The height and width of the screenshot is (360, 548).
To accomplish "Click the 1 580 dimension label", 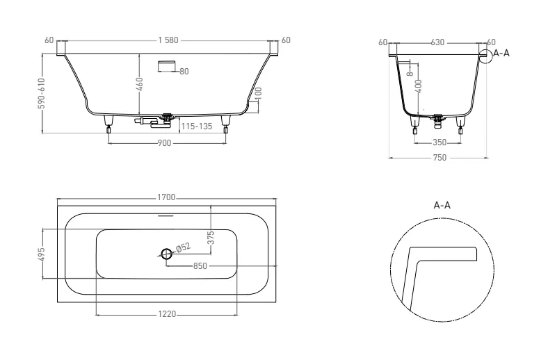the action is [168, 40].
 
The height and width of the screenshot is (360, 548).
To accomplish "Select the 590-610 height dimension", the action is [42, 93].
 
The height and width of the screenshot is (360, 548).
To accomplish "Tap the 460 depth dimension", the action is [139, 84].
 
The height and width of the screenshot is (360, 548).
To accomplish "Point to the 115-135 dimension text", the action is [197, 126].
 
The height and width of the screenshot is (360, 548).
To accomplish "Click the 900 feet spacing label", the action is [164, 143].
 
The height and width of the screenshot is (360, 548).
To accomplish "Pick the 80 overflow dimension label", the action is [184, 72].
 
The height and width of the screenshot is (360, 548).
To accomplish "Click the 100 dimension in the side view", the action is [259, 94].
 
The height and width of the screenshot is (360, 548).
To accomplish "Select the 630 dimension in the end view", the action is [437, 42].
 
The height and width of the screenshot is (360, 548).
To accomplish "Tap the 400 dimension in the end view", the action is [419, 86].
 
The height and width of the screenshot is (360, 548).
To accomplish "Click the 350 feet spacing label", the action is [440, 142].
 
